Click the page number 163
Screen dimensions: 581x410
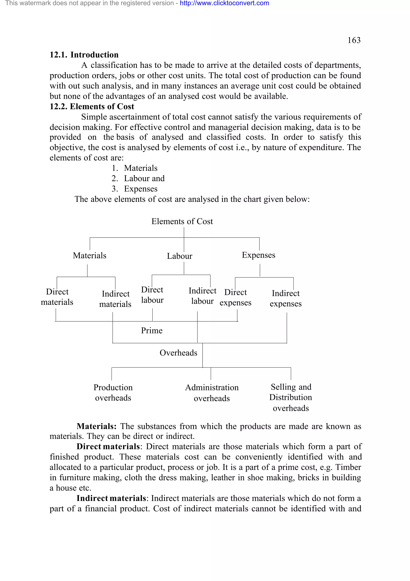pos(354,40)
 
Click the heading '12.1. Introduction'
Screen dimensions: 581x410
pos(84,55)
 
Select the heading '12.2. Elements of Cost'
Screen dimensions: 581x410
pos(92,106)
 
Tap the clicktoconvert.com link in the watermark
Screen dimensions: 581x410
pos(224,3)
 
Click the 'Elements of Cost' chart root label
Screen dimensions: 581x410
pos(182,221)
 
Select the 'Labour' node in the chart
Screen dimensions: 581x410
pos(179,256)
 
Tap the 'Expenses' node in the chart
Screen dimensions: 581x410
pos(258,255)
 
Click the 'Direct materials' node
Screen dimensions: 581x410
pos(57,297)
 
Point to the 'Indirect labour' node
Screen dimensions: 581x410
pos(202,296)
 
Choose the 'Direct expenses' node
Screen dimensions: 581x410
pos(235,297)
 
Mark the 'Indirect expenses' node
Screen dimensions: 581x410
pos(285,298)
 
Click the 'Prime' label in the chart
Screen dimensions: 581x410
pos(152,330)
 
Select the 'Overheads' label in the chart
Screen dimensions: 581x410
pos(178,353)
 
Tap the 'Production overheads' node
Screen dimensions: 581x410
pos(113,393)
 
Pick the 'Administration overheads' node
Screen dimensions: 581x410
pos(212,393)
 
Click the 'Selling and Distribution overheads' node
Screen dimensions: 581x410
pos(291,397)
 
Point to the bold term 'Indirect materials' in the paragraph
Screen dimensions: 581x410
pos(111,498)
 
